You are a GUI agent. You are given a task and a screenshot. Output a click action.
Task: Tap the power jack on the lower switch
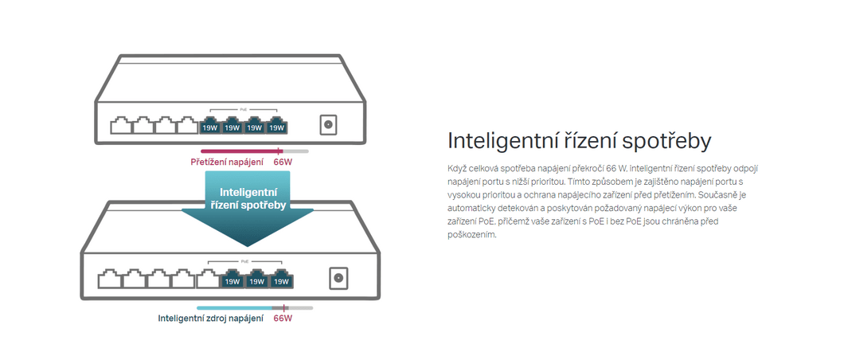click(338, 278)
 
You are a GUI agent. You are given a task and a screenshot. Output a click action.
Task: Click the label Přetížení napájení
click(227, 162)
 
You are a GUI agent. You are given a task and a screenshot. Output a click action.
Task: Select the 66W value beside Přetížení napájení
click(283, 162)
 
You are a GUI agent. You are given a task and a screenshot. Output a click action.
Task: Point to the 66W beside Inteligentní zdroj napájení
click(283, 318)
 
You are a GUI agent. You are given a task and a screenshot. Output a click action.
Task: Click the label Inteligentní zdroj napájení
click(210, 318)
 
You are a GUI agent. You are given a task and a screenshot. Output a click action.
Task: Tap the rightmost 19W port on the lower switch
click(282, 279)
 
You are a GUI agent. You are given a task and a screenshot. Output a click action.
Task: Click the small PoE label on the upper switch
click(244, 108)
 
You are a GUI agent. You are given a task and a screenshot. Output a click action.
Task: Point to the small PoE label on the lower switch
click(245, 261)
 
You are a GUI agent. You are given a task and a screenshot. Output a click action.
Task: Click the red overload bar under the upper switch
click(240, 152)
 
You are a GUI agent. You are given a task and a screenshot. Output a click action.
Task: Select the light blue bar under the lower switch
click(235, 307)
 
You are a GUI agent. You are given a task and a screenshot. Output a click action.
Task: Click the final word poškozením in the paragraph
click(471, 235)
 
